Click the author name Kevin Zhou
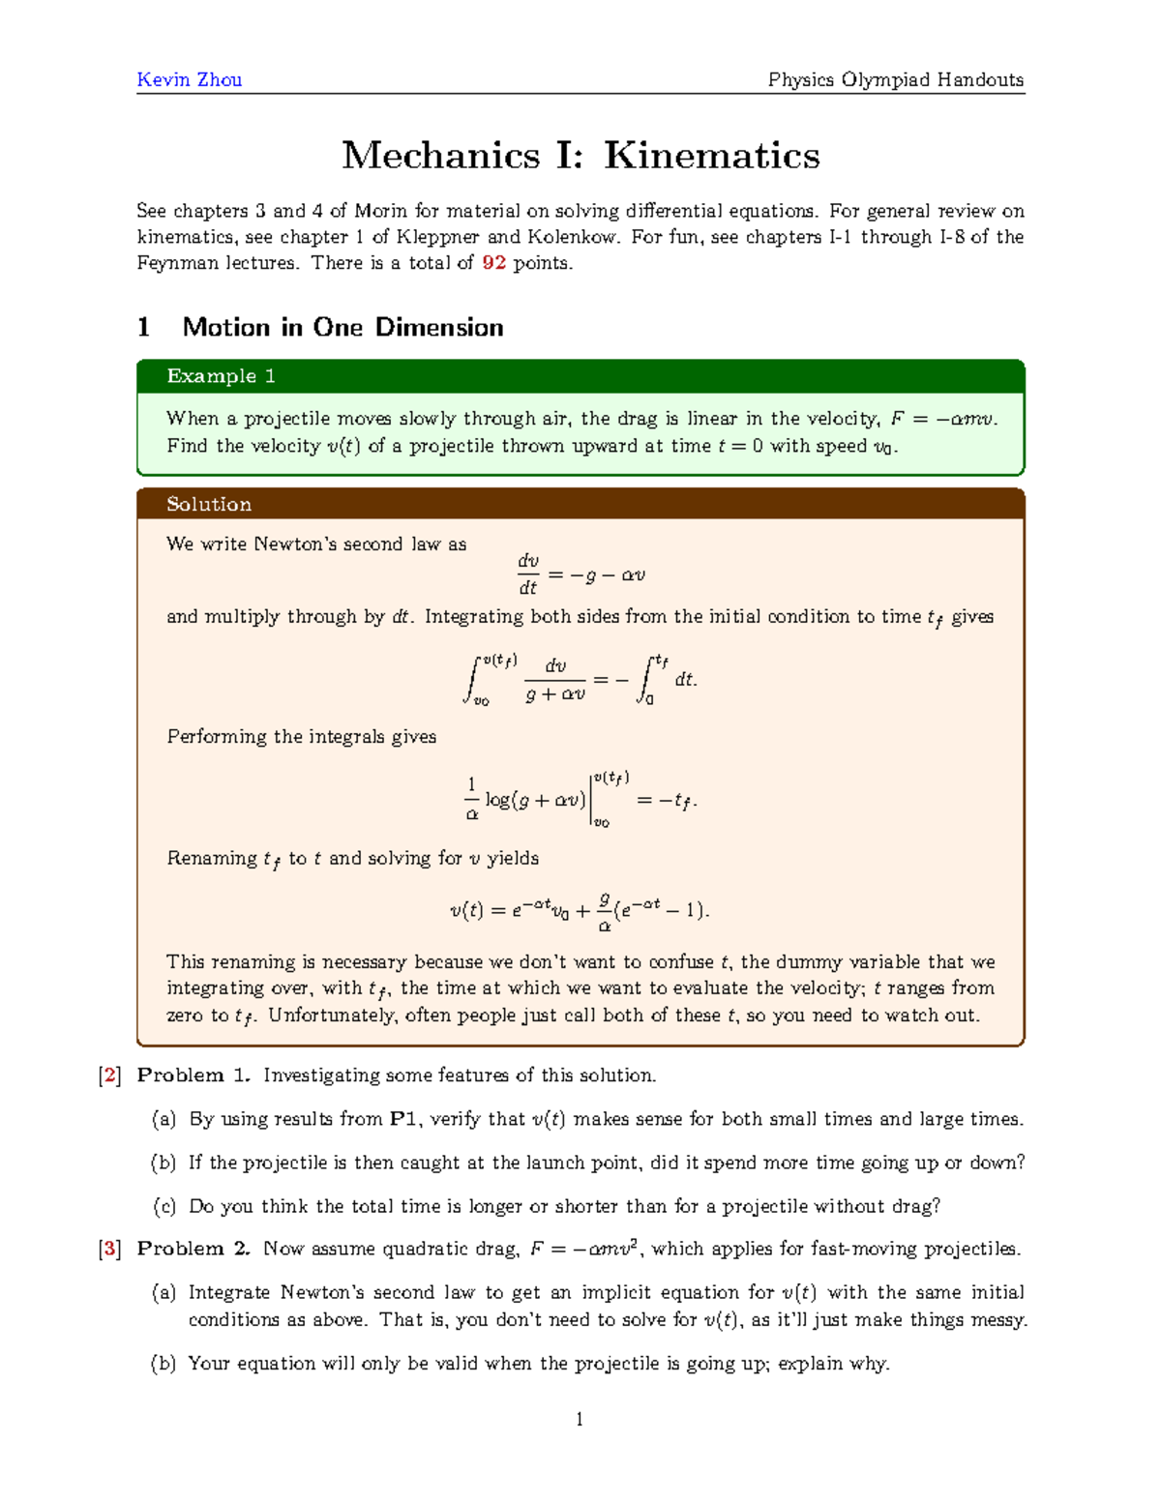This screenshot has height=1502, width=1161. [190, 79]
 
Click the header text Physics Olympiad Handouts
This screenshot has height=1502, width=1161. [895, 79]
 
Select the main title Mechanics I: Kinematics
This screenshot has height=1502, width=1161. [580, 155]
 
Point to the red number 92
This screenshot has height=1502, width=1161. [493, 263]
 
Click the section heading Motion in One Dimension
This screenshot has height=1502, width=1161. [342, 327]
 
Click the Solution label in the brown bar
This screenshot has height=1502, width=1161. [209, 504]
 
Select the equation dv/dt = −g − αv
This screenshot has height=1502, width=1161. [580, 574]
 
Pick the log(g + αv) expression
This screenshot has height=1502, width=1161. [535, 800]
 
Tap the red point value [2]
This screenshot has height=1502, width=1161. [109, 1075]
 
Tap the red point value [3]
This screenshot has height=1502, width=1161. [109, 1249]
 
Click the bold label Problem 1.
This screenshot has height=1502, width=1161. [193, 1075]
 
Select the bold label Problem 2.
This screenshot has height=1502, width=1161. [193, 1249]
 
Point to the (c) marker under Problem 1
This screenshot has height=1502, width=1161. [164, 1206]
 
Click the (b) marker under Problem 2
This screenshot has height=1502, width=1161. [164, 1364]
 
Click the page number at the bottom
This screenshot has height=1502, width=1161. [580, 1420]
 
